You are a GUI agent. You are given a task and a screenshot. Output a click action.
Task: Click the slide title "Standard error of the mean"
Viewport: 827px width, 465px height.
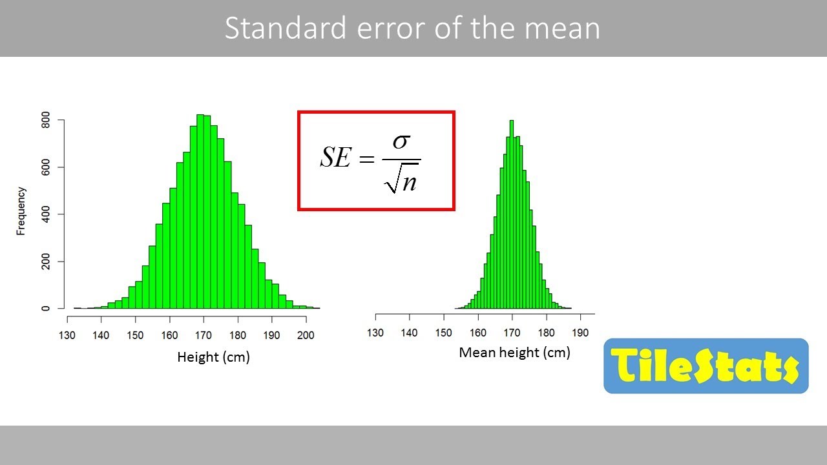tap(412, 28)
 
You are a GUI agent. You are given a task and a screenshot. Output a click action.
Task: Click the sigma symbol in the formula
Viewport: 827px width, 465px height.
tap(401, 141)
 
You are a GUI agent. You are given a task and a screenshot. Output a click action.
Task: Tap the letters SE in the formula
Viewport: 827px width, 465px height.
tap(335, 157)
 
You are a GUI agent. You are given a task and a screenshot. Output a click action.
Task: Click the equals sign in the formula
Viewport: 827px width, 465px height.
tap(366, 159)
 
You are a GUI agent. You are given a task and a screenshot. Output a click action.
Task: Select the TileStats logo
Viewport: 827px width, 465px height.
tap(706, 366)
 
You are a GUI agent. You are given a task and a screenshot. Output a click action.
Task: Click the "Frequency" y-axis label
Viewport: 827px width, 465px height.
tap(21, 211)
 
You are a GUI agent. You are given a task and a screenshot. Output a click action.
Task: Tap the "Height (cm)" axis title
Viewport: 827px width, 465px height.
tap(213, 357)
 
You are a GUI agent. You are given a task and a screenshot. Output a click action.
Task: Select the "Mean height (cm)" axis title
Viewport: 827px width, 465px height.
tap(514, 353)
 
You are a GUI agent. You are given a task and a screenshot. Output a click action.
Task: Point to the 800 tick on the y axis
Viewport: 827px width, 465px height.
tap(45, 120)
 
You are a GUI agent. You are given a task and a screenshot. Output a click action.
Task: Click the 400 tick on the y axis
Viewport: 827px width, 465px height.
tap(45, 214)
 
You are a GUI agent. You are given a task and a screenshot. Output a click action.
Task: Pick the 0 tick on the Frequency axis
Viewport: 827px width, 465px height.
tap(45, 308)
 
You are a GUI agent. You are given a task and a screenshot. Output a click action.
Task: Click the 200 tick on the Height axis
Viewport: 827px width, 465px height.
tap(306, 335)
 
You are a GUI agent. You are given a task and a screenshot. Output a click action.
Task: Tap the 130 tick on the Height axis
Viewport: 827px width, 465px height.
tap(67, 335)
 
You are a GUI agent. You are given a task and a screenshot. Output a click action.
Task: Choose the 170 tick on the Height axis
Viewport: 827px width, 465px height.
tap(204, 335)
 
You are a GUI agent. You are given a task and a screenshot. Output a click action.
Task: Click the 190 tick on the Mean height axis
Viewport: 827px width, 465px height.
tap(580, 333)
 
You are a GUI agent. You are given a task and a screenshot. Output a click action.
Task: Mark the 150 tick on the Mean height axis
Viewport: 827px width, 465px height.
tap(443, 333)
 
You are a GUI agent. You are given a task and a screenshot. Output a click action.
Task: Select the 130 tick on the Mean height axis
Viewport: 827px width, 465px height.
tap(375, 333)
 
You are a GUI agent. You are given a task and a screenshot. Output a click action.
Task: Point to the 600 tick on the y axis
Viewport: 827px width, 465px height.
tap(45, 167)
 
